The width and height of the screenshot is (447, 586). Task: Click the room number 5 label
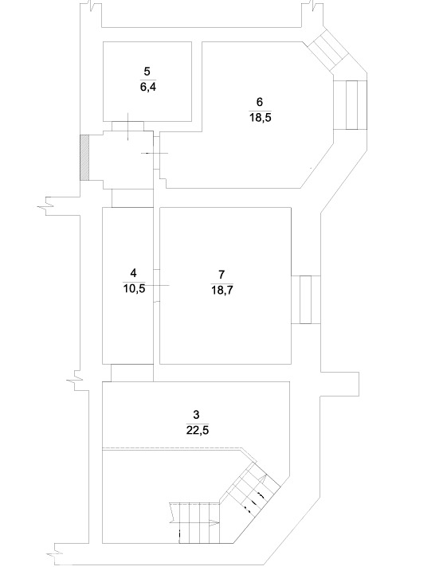(x=147, y=71)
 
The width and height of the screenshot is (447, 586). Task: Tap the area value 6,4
(x=147, y=88)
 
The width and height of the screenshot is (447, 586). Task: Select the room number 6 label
(x=260, y=102)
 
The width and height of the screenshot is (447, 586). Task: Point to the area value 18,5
(x=261, y=118)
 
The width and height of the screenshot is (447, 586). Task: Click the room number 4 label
(x=133, y=273)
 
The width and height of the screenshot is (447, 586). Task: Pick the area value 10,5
(x=134, y=288)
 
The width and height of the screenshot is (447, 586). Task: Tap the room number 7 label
(x=222, y=275)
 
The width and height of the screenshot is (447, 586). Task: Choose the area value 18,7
(x=222, y=290)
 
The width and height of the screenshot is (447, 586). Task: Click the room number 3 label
(x=196, y=415)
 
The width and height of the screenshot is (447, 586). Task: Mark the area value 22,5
(x=198, y=430)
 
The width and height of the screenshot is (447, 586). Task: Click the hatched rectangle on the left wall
(x=85, y=158)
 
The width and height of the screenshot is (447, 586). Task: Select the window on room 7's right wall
(x=306, y=299)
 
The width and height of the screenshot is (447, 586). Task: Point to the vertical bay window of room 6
(x=351, y=105)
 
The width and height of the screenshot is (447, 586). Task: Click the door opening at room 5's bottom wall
(x=128, y=126)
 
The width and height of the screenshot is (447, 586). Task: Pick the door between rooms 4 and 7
(x=157, y=285)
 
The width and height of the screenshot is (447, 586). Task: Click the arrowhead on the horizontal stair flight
(x=214, y=523)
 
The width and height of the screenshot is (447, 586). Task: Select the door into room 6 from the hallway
(x=157, y=153)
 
